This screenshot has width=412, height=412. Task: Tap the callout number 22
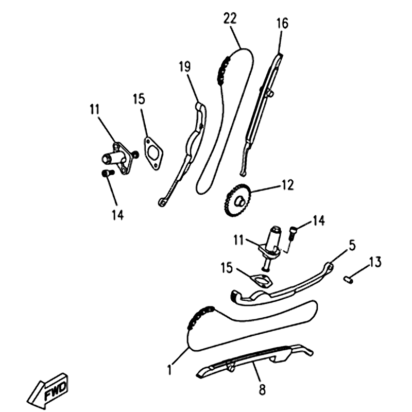230,19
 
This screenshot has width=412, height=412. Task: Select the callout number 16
282,23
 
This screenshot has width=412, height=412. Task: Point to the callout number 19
185,66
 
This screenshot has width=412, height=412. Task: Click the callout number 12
287,185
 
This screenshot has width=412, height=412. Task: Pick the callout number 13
375,262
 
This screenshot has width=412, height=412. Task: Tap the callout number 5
352,246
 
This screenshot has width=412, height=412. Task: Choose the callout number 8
262,389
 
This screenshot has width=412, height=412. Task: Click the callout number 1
169,369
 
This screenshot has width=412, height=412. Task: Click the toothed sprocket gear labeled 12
238,200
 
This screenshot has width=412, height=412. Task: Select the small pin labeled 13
349,279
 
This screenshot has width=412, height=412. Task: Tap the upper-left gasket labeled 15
153,153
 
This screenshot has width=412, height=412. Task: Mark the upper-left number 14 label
117,215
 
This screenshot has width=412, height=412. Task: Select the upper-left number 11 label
95,109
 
